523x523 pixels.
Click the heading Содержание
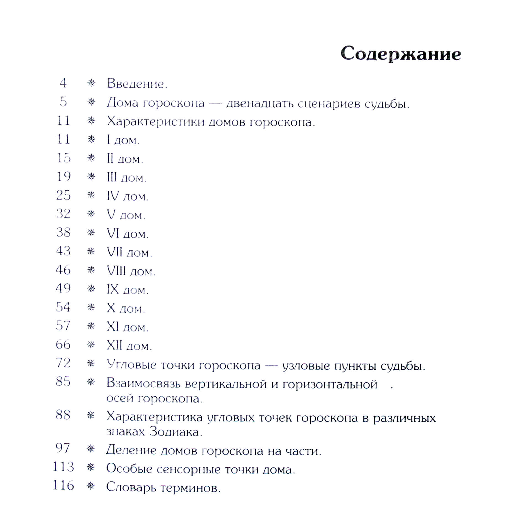pyautogui.click(x=401, y=54)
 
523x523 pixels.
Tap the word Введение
pyautogui.click(x=137, y=84)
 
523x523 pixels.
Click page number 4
pyautogui.click(x=63, y=83)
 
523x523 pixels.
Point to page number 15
pyautogui.click(x=64, y=158)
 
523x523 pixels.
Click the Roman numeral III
pyautogui.click(x=112, y=177)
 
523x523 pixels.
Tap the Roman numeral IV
pyautogui.click(x=113, y=196)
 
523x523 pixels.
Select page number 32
pyautogui.click(x=63, y=214)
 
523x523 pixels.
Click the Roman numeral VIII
pyautogui.click(x=116, y=271)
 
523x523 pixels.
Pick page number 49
pyautogui.click(x=63, y=288)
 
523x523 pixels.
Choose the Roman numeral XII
pyautogui.click(x=114, y=345)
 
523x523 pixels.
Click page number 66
pyautogui.click(x=63, y=345)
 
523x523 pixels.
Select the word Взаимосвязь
pyautogui.click(x=143, y=384)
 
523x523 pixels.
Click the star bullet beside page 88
pyautogui.click(x=91, y=415)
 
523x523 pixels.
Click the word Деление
pyautogui.click(x=131, y=450)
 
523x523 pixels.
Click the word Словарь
pyautogui.click(x=131, y=488)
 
